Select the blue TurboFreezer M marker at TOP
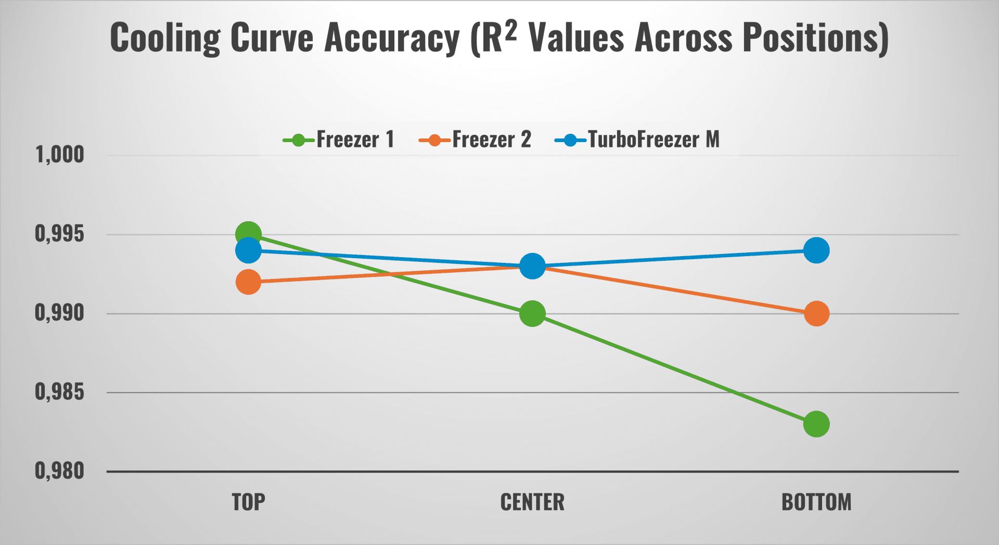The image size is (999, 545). [x=248, y=251]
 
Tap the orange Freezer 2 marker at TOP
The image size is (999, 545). [x=248, y=282]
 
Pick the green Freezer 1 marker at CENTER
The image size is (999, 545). [x=532, y=314]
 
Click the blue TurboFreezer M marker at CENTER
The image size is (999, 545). [x=532, y=267]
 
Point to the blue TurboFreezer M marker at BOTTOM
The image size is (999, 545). [x=816, y=250]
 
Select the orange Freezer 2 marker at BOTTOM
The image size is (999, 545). [x=816, y=314]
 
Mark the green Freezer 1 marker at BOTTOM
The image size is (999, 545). [x=816, y=424]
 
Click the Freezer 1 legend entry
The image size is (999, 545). [x=339, y=140]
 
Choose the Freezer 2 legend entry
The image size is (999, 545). [x=475, y=140]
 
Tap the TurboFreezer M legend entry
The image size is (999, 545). [x=637, y=140]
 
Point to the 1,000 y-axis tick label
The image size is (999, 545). [x=59, y=155]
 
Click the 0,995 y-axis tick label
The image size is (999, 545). [x=59, y=234]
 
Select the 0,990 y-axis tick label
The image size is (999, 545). [x=59, y=313]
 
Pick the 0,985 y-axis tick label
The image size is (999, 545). [x=59, y=392]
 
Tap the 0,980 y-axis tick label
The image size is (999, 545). [x=59, y=471]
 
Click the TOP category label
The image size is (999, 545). [x=248, y=502]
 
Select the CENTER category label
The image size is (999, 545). [x=532, y=502]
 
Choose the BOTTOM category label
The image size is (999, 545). [x=816, y=502]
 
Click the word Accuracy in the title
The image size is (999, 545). [x=392, y=39]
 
